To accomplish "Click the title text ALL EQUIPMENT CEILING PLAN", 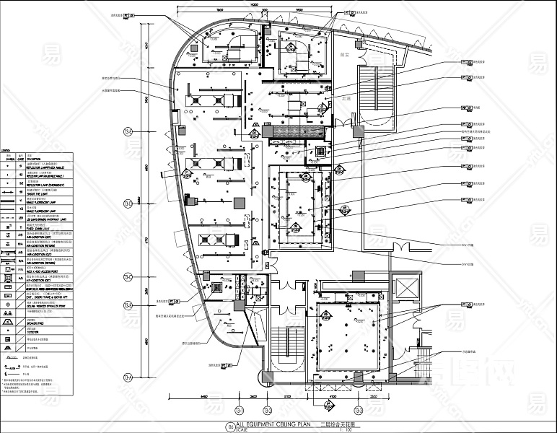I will coord(271,426).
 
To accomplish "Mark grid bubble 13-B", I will coord(128,307).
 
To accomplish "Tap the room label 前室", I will coord(343,54).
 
